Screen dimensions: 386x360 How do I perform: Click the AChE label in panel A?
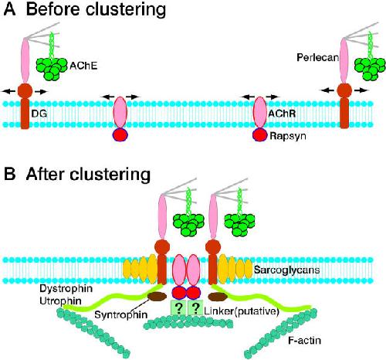83,66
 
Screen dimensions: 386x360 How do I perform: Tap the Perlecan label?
318,57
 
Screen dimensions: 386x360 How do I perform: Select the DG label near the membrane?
39,114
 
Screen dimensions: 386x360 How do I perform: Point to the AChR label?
282,114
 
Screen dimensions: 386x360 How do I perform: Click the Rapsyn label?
288,136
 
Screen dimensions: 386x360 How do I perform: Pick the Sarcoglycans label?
286,270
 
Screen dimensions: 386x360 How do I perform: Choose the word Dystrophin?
66,288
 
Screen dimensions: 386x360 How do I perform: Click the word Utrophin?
60,301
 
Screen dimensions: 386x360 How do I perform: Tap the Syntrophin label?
121,314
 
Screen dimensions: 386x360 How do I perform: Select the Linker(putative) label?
242,311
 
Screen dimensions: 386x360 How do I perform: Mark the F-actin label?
304,341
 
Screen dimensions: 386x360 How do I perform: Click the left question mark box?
178,307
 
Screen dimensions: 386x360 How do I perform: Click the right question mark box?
196,307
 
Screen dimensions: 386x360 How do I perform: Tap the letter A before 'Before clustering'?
9,9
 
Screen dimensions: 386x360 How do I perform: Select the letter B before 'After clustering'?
9,175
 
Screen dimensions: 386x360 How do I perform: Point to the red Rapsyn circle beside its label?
260,134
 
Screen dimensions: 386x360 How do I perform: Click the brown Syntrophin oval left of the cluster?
157,297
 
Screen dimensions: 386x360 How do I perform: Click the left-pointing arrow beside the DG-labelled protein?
8,91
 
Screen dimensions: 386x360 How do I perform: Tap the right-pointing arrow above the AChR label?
273,97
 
